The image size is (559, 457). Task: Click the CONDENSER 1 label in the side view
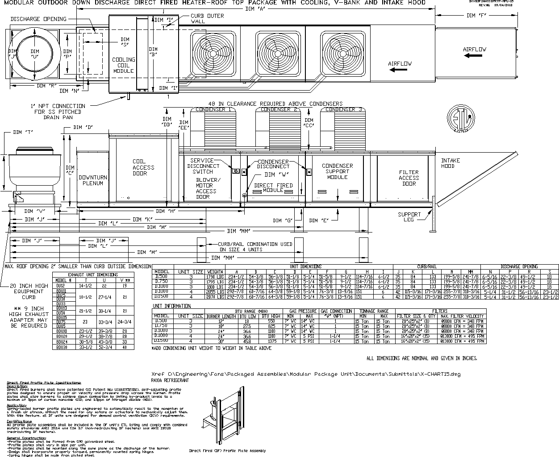[213, 109]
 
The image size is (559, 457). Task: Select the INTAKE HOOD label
[451, 163]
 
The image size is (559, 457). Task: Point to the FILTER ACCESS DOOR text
[409, 178]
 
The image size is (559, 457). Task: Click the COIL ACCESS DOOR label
[143, 167]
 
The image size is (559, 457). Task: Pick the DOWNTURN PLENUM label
[93, 180]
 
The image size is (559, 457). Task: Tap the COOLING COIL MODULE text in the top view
[124, 65]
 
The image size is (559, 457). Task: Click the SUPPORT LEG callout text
[409, 217]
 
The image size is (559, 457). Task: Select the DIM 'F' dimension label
[477, 16]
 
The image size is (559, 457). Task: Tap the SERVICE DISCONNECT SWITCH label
[203, 166]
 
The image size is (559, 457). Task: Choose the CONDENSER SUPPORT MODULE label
[337, 171]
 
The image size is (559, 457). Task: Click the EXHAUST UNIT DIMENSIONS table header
[93, 275]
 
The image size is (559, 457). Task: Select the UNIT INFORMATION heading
[172, 306]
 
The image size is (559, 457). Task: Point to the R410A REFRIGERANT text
[170, 380]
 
